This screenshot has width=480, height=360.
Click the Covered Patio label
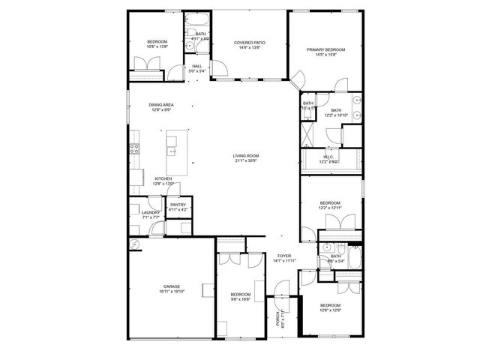pos(249,43)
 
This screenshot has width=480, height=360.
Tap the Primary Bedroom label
pos(325,49)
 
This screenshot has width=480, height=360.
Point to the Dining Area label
pos(161,105)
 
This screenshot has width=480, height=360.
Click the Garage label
pos(172,286)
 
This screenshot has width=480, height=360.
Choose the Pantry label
pos(178,205)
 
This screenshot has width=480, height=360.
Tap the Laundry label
pos(151,212)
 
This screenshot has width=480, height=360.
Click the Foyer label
pos(284,256)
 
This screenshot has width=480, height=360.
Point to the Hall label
pos(196,66)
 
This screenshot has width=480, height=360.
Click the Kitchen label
pos(163,178)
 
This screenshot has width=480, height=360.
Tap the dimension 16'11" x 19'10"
pos(172,292)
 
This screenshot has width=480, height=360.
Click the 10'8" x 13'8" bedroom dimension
pos(157,46)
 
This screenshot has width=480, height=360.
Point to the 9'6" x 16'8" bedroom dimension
pos(240,298)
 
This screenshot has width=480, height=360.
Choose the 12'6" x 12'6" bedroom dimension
pos(331,310)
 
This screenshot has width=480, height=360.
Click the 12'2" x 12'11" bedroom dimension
pos(331,208)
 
